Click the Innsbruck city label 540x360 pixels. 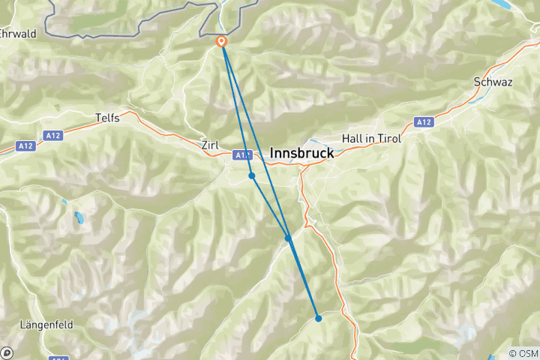301,151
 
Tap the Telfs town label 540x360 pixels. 108,118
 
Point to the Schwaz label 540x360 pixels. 493,82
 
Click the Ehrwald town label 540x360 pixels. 18,34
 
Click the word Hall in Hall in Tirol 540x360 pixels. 352,139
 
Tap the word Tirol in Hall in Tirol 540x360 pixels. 388,139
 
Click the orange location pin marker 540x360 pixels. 222,42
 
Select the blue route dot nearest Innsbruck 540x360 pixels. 252,175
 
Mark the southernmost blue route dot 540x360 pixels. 318,318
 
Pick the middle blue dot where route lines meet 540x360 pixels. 288,238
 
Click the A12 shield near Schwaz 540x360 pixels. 424,121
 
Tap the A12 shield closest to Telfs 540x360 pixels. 52,136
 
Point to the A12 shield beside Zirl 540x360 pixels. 241,155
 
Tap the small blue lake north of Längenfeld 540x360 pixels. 79,219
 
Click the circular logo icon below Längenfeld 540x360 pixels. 7,352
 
